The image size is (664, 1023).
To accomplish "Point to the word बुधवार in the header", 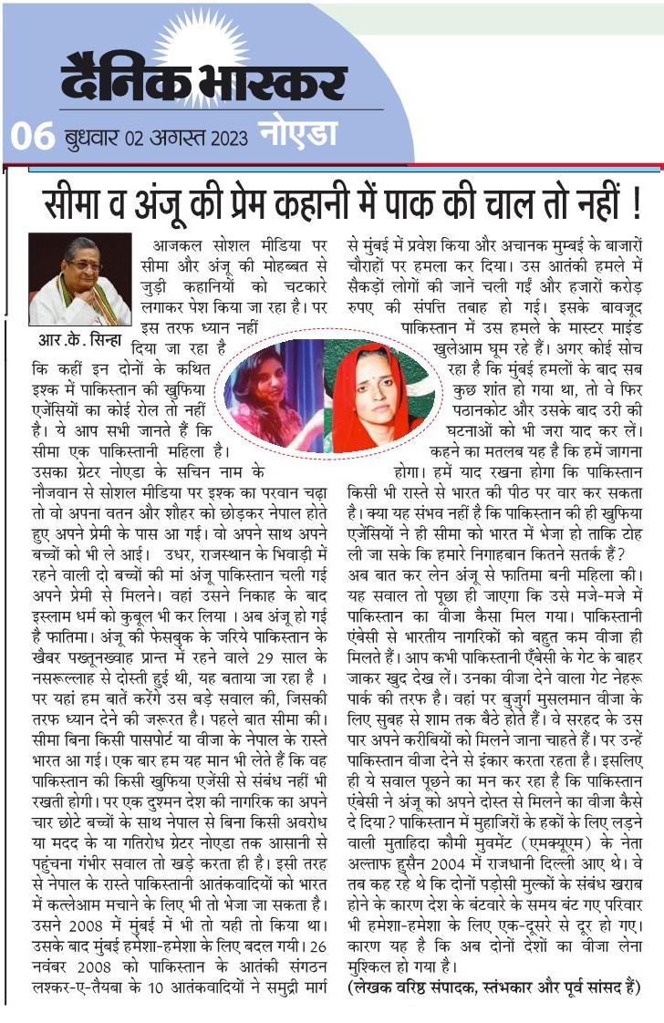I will (89, 139).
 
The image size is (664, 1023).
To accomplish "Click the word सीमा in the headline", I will (79, 201).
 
